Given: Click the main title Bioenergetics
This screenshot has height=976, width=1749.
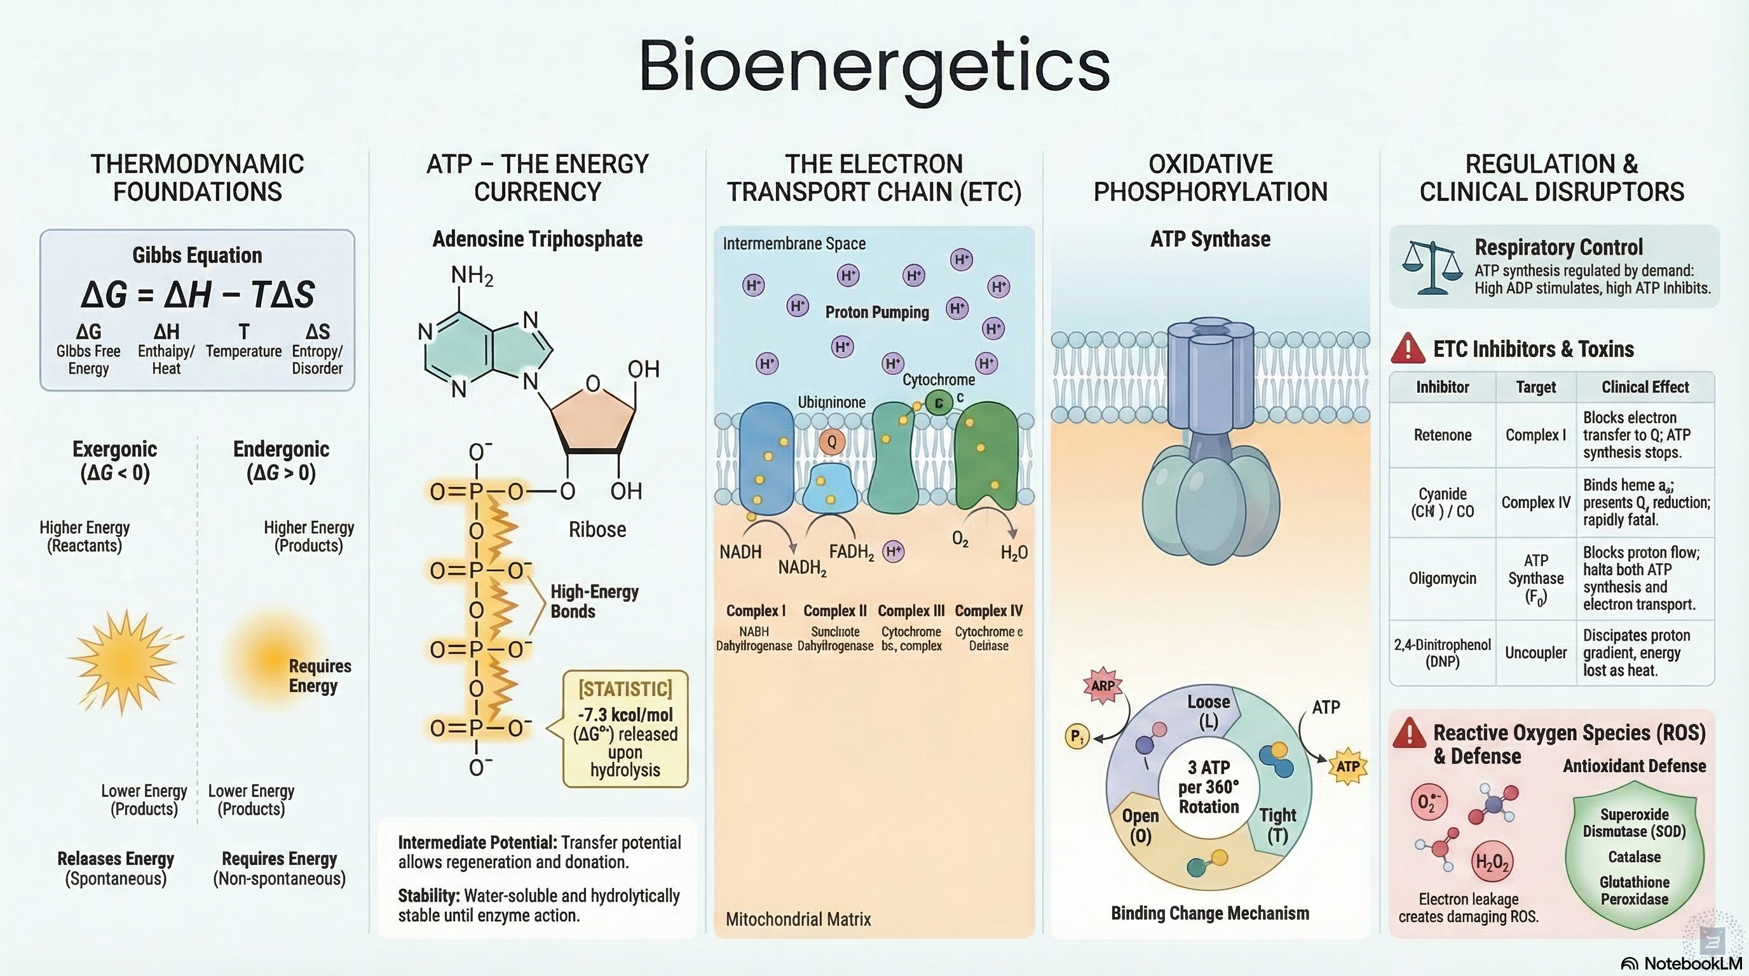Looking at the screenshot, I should click(874, 67).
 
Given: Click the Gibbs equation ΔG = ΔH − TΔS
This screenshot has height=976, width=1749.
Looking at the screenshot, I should click(197, 295).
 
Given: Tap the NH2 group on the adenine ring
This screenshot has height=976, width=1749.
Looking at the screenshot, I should click(472, 276).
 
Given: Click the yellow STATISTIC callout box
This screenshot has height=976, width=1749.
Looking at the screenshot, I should click(625, 729).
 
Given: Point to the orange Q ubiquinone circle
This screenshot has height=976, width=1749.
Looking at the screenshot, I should click(832, 442).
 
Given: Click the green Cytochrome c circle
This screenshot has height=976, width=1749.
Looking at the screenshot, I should click(939, 403).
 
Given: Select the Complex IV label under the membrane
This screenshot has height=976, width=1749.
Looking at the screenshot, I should click(988, 611).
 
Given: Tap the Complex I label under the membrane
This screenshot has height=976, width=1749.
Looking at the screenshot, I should click(755, 611).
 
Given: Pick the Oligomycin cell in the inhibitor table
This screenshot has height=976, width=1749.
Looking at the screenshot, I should click(1442, 578).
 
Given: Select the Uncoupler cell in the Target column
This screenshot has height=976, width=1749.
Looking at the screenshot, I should click(1536, 652).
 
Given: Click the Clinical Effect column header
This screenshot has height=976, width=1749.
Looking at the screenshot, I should click(1644, 387).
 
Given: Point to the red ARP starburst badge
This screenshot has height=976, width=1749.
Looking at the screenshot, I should click(1103, 686).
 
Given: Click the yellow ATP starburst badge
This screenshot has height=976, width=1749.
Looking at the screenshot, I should click(1348, 766).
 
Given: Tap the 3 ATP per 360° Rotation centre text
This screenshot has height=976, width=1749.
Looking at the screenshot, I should click(1209, 787).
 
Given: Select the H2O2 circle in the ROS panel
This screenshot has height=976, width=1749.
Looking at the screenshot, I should click(1492, 862).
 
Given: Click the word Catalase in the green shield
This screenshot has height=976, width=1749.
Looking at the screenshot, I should click(1634, 857).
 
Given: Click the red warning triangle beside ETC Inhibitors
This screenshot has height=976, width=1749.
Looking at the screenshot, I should click(1408, 348).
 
